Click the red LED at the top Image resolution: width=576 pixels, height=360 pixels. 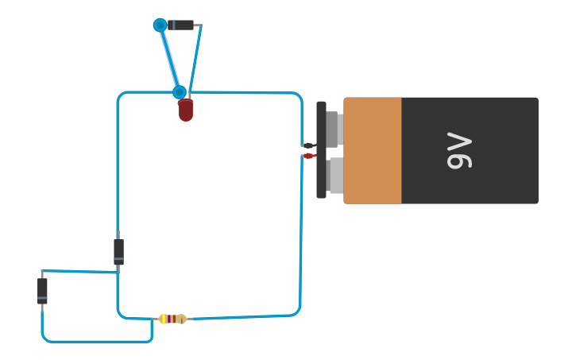click(186, 110)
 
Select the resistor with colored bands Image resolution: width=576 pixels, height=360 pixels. click(172, 319)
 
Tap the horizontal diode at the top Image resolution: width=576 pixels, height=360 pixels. click(182, 25)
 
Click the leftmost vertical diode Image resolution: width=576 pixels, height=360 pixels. click(42, 290)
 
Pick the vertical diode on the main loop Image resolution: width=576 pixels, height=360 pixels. click(118, 251)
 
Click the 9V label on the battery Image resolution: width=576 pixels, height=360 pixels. click(460, 150)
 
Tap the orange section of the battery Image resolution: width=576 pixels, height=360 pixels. click(373, 150)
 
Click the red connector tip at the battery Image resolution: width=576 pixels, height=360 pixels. click(308, 156)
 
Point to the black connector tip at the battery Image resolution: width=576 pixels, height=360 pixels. click(307, 145)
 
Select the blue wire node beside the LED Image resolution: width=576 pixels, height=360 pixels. click(180, 92)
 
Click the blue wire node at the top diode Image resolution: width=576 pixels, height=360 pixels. click(160, 25)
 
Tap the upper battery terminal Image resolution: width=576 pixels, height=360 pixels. click(334, 129)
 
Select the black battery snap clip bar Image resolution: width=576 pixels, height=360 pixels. click(321, 149)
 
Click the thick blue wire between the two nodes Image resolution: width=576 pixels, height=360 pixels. click(169, 57)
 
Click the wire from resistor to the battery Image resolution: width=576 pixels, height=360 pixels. click(300, 238)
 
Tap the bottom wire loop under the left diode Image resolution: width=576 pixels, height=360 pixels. click(95, 342)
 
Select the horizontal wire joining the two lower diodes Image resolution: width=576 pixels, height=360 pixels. click(79, 272)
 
